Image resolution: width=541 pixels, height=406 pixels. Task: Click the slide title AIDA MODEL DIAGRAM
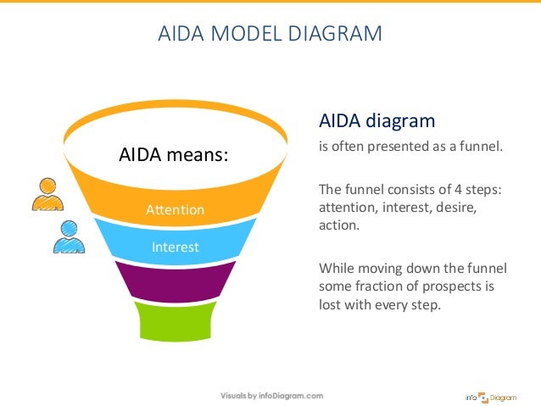[270, 35]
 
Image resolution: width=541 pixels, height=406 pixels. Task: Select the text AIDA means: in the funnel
[174, 155]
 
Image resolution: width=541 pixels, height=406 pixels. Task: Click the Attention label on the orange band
[176, 209]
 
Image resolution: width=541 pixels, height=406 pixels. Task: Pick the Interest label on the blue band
[175, 247]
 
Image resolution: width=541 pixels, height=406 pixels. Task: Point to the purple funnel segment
[175, 281]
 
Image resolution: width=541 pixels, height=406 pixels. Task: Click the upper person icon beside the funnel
[47, 195]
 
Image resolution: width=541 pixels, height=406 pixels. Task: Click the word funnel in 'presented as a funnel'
[481, 146]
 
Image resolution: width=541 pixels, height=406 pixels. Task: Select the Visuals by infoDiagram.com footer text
[271, 396]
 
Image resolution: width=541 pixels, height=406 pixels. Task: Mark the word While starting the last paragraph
[336, 269]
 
